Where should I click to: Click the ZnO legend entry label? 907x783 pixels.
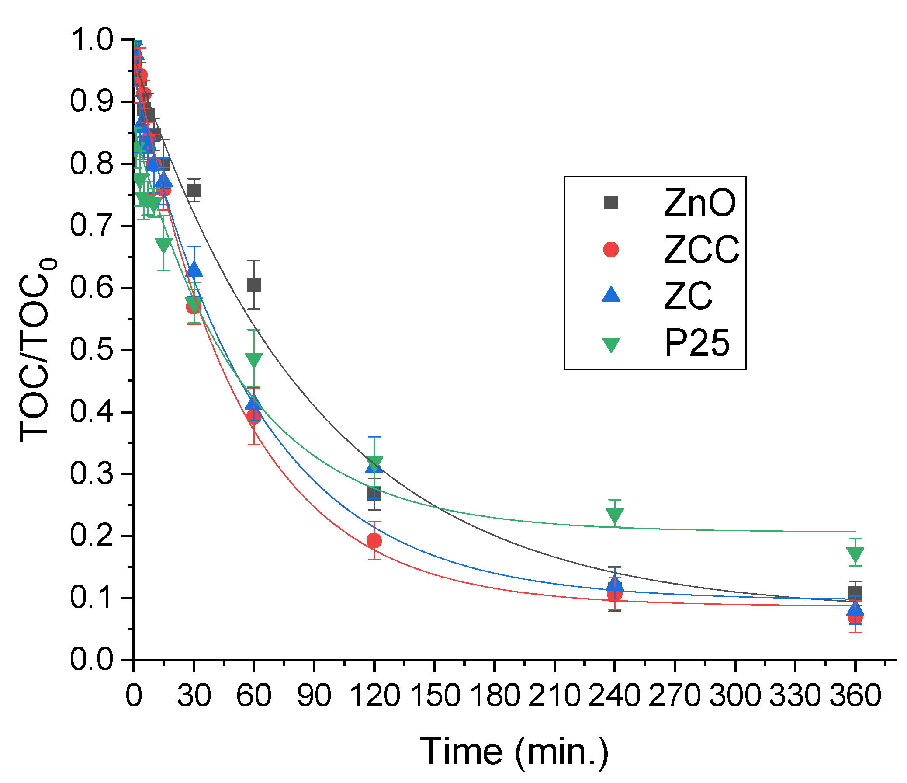pos(699,203)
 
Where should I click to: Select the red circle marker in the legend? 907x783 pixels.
pos(611,249)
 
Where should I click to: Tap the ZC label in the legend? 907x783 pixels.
pos(688,296)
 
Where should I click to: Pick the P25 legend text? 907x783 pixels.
pos(697,343)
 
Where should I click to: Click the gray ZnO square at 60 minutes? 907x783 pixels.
pos(254,285)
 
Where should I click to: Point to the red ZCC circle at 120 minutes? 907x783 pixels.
pos(374,541)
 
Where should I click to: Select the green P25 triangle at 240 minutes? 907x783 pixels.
pos(615,515)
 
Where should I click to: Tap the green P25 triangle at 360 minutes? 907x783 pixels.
pos(855,554)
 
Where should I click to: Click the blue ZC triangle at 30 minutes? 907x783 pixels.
pos(194,270)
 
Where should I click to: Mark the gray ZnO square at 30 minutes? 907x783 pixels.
pos(194,191)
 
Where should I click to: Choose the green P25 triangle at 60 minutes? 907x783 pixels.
pos(254,359)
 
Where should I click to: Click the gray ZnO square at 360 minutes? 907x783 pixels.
pos(855,593)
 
